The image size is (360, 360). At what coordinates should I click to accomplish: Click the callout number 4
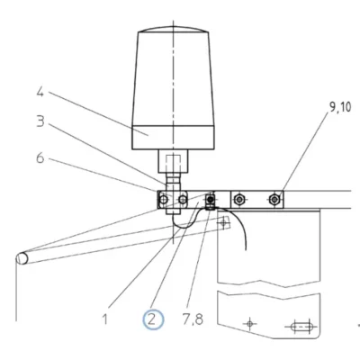(x=40, y=92)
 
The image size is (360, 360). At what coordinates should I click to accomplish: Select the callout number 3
(x=40, y=121)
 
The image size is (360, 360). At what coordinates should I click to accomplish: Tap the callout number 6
(x=40, y=157)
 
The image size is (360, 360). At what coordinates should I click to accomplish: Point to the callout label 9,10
(x=340, y=107)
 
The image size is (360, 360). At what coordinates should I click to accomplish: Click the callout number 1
(x=104, y=319)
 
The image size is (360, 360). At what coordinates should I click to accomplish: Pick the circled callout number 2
(x=153, y=319)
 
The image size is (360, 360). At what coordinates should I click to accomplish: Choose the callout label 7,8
(x=193, y=319)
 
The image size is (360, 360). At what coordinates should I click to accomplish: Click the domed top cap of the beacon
(x=173, y=30)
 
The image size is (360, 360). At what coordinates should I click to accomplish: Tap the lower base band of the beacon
(x=173, y=138)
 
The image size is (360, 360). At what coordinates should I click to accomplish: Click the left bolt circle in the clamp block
(x=164, y=199)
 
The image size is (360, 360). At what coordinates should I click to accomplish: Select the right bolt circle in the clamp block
(x=183, y=199)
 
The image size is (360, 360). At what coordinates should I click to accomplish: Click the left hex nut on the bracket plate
(x=238, y=199)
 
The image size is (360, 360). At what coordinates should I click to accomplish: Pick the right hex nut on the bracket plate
(x=274, y=199)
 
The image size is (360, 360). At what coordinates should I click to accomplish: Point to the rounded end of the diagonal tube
(x=22, y=258)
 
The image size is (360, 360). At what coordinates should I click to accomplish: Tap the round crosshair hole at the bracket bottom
(x=249, y=324)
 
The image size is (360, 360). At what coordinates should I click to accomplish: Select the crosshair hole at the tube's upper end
(x=223, y=222)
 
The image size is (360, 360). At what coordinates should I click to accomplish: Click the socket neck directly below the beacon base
(x=173, y=161)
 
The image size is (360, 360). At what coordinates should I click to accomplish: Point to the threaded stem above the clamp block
(x=173, y=182)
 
